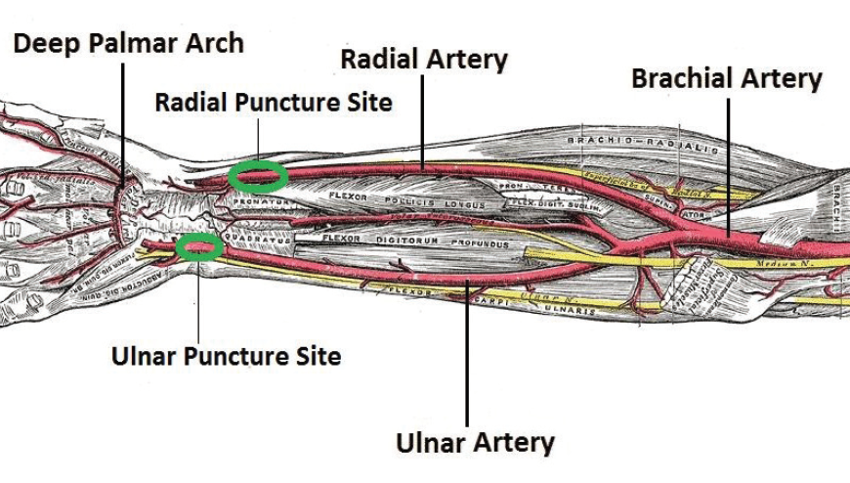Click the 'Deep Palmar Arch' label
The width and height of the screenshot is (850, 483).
point(127,43)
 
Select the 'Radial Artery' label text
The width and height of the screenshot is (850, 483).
point(424,59)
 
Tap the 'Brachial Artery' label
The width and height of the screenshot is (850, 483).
point(727,78)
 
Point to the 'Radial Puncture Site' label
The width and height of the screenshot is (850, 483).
point(274,102)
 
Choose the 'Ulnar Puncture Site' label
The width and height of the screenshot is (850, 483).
point(226,355)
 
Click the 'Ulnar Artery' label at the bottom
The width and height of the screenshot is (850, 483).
point(475,442)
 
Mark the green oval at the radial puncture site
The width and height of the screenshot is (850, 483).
point(258,177)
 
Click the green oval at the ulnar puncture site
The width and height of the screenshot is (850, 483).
point(199,247)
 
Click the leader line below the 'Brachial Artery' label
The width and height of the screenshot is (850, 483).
point(728,166)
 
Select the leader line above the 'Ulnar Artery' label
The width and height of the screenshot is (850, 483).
point(468,352)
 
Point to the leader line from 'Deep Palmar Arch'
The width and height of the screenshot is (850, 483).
point(122,117)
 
